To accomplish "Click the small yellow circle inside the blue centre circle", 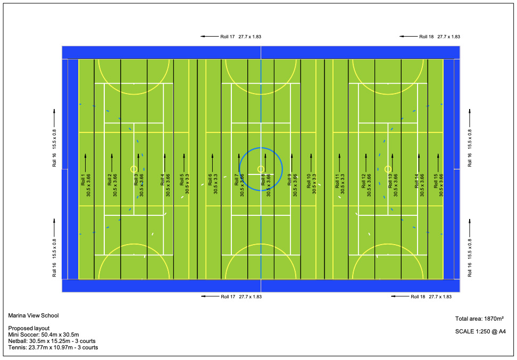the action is pos(261,169).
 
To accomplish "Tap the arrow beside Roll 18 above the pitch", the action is pos(408,37).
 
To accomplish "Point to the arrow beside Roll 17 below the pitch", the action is pos(210,296).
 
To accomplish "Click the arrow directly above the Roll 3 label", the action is pos(138,163).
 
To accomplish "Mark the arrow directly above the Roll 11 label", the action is pos(339,163).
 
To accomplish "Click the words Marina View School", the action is pos(34,315).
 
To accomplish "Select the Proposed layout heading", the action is pos(29,328).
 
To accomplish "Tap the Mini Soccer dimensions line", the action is pos(44,334).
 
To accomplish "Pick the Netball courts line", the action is pos(52,341).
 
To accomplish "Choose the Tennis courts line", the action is pos(53,347).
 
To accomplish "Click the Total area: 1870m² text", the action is pos(479,319).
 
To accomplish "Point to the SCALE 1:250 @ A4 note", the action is pos(480,331).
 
